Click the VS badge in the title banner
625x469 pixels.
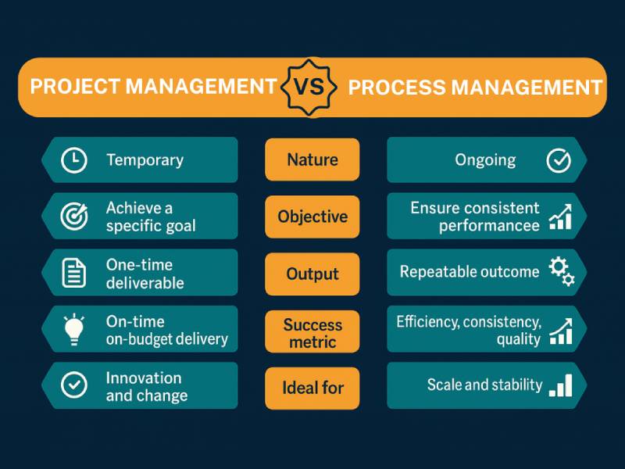pyautogui.click(x=309, y=88)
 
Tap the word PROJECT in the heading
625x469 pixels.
pyautogui.click(x=75, y=86)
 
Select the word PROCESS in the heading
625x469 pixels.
pyautogui.click(x=397, y=88)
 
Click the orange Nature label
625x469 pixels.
pyautogui.click(x=312, y=159)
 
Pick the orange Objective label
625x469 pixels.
pyautogui.click(x=312, y=217)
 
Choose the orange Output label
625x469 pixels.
pyautogui.click(x=312, y=274)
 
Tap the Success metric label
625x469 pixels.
pyautogui.click(x=312, y=331)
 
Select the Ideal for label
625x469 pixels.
pyautogui.click(x=312, y=388)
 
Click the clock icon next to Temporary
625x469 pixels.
pyautogui.click(x=73, y=160)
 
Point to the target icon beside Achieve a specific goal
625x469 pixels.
pyautogui.click(x=74, y=217)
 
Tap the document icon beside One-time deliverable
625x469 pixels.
pyautogui.click(x=73, y=273)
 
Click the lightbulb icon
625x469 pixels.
pyautogui.click(x=73, y=329)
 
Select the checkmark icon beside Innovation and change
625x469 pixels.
pyautogui.click(x=73, y=385)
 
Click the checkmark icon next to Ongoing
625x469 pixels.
pyautogui.click(x=559, y=160)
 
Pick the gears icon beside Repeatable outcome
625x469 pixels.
pyautogui.click(x=562, y=271)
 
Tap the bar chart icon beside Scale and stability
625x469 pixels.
pyautogui.click(x=560, y=385)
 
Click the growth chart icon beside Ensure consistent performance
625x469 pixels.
pyautogui.click(x=560, y=217)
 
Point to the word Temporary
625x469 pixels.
pyautogui.click(x=145, y=160)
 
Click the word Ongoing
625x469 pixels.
pyautogui.click(x=485, y=160)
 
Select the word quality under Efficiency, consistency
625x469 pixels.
pyautogui.click(x=518, y=339)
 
